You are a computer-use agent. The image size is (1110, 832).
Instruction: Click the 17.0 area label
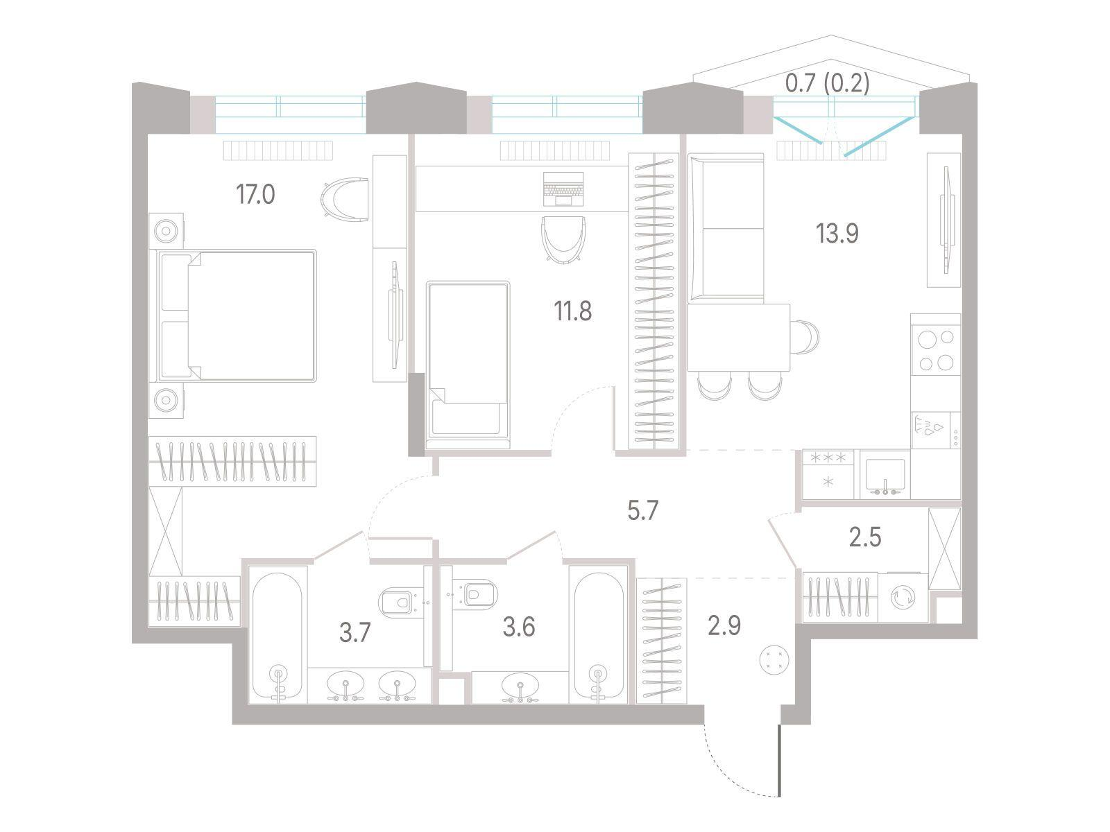tap(255, 195)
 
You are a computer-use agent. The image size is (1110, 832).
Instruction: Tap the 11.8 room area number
tap(572, 311)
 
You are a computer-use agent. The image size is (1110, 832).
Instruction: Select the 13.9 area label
tap(837, 234)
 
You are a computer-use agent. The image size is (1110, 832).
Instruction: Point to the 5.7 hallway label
tap(642, 511)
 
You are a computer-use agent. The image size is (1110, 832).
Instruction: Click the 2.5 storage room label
tap(865, 537)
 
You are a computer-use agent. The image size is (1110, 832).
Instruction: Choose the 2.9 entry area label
tap(725, 625)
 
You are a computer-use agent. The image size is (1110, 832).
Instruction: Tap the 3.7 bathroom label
tap(355, 632)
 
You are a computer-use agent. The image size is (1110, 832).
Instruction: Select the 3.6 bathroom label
tap(519, 627)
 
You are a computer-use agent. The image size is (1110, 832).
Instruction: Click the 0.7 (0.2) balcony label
tap(828, 83)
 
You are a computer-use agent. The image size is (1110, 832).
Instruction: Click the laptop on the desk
tap(563, 189)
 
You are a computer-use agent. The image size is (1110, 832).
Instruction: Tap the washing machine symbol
tap(903, 598)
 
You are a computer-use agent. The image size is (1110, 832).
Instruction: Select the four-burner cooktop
tap(936, 349)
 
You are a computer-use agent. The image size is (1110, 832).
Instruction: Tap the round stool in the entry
tap(774, 660)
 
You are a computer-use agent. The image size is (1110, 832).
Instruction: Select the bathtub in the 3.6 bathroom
tap(598, 637)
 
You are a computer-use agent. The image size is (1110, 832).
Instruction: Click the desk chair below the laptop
tap(563, 239)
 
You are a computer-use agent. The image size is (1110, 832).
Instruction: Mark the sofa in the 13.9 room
tap(726, 228)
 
